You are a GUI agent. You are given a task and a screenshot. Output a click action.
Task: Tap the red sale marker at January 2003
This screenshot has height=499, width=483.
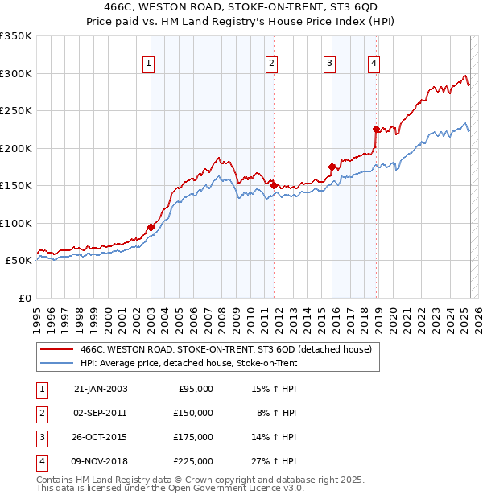[151, 227]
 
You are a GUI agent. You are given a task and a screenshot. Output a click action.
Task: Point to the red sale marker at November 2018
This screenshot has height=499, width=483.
[376, 129]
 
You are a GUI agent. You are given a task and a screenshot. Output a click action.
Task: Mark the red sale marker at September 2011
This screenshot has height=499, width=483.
[274, 185]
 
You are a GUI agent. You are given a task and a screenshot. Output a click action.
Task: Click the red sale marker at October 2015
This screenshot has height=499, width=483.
[332, 167]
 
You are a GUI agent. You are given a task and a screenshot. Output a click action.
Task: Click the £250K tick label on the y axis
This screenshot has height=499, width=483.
[16, 110]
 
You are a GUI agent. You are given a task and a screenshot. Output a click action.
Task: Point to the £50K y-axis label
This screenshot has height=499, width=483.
[19, 261]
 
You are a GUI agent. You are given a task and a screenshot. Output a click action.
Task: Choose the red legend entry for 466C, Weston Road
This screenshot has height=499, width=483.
[225, 349]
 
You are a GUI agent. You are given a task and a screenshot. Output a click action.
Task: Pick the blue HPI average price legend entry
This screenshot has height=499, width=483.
[188, 363]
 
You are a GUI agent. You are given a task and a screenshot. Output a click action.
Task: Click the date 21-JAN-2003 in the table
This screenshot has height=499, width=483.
[101, 389]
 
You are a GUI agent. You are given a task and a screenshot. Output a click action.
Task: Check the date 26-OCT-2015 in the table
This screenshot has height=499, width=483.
[101, 437]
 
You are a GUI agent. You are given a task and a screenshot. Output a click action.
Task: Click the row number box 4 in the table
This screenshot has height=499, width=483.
[42, 461]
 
